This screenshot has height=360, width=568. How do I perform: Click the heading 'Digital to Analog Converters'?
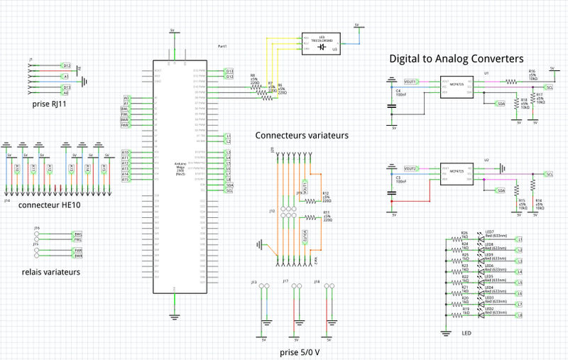[456, 58]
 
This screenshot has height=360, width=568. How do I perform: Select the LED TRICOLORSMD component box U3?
[320, 43]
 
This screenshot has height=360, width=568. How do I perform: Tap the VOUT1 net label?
[410, 82]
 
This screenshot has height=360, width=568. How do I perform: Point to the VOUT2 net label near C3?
[410, 168]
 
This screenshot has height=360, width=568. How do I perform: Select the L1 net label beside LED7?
[520, 239]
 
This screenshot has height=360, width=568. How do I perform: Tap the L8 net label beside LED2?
[520, 315]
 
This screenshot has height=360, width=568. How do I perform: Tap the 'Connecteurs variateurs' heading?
[302, 135]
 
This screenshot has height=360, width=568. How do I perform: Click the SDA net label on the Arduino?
[229, 185]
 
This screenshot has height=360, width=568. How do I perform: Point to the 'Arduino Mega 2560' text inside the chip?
[180, 168]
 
